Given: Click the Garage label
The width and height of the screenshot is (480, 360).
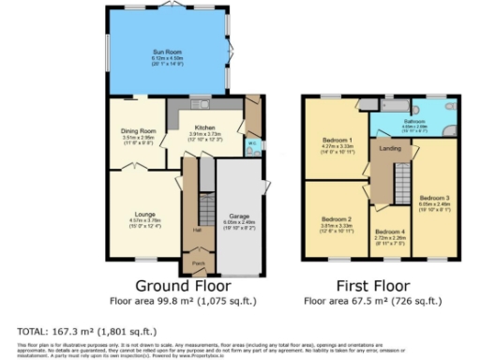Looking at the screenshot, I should pyautogui.click(x=239, y=216).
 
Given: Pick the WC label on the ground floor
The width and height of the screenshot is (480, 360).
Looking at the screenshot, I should pyautogui.click(x=251, y=143).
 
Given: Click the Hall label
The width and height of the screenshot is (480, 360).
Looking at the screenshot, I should pyautogui.click(x=197, y=229).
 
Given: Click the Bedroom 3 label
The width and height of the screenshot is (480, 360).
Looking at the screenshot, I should pyautogui.click(x=433, y=198).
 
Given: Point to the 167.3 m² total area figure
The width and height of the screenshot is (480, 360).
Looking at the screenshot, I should pyautogui.click(x=74, y=331).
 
